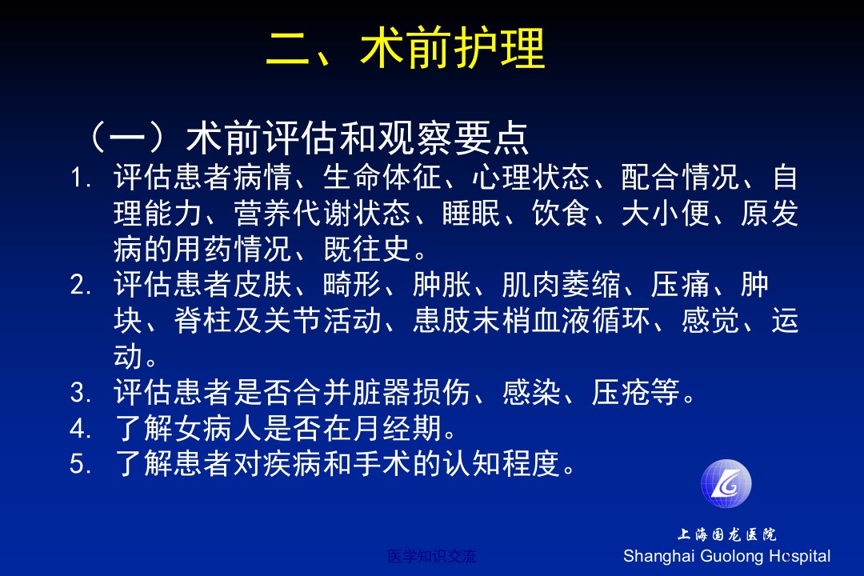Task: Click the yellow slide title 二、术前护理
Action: pyautogui.click(x=406, y=48)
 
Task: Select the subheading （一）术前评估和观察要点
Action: pyautogui.click(x=306, y=138)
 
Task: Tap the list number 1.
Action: pyautogui.click(x=81, y=178)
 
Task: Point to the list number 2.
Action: pyautogui.click(x=81, y=285)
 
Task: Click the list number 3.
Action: pyautogui.click(x=81, y=393)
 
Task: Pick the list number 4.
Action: pyautogui.click(x=81, y=428)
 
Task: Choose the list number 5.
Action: pyautogui.click(x=81, y=463)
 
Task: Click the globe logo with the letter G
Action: pyautogui.click(x=726, y=483)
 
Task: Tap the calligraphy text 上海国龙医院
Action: pyautogui.click(x=726, y=534)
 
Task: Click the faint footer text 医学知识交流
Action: pyautogui.click(x=431, y=556)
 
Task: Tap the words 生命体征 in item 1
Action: pyautogui.click(x=382, y=178)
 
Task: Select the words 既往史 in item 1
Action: pyautogui.click(x=367, y=249)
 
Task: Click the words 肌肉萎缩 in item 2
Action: pyautogui.click(x=560, y=285)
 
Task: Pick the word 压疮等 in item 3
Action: pyautogui.click(x=635, y=393)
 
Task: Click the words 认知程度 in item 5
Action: pyautogui.click(x=502, y=463)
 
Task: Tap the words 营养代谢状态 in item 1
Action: pyautogui.click(x=322, y=214)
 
